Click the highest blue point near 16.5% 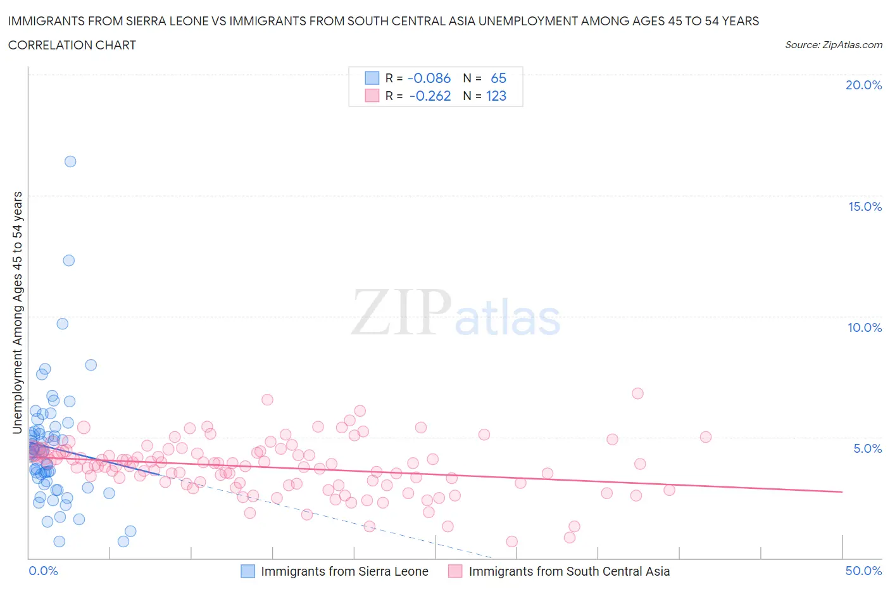click(70, 161)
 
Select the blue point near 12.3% click(69, 260)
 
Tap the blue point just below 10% click(63, 324)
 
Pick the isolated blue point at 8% click(91, 365)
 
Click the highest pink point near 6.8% click(637, 393)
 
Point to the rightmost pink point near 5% click(706, 437)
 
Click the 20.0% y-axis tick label click(863, 85)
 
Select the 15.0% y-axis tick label click(865, 206)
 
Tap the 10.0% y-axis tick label click(865, 327)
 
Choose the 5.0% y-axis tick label click(867, 448)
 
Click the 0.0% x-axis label click(43, 571)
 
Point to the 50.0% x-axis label click(863, 571)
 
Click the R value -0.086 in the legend click(429, 78)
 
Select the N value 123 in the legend click(496, 96)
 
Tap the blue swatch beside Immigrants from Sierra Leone click(248, 571)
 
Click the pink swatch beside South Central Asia click(455, 571)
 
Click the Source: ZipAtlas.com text click(833, 45)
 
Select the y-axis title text click(18, 312)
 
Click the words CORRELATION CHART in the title click(72, 45)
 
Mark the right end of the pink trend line click(842, 491)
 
